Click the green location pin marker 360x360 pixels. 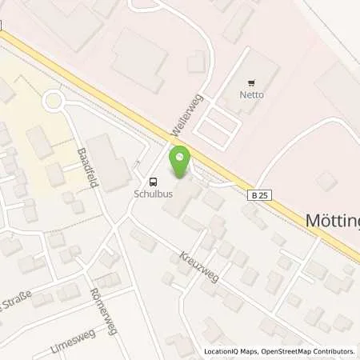181,162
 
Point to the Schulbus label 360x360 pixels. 151,193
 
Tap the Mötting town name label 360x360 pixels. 331,220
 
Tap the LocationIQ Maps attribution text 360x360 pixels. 229,351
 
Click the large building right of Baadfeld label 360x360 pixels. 110,160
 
